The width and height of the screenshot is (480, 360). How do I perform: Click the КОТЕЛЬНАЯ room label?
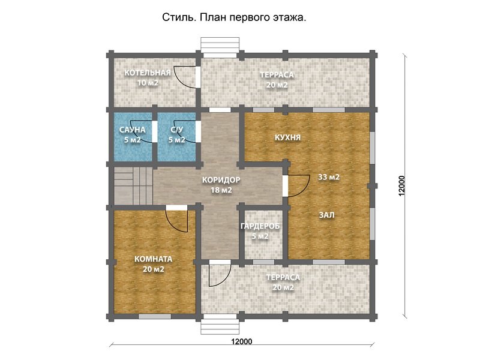(x=148, y=73)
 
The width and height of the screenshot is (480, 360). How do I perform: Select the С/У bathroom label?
(x=176, y=130)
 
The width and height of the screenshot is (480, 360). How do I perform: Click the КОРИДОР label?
(x=221, y=179)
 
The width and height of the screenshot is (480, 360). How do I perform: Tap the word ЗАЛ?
(x=327, y=214)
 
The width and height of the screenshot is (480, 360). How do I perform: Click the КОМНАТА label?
(x=154, y=259)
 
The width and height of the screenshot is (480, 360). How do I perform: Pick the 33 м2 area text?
(x=329, y=177)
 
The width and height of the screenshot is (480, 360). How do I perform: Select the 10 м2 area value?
(x=148, y=83)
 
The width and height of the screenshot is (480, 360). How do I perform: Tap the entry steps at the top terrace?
(x=220, y=46)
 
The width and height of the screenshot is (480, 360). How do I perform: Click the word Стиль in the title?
(x=176, y=17)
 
